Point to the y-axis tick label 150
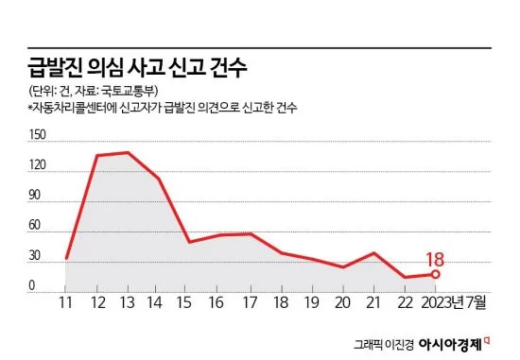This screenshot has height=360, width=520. pos(38,135)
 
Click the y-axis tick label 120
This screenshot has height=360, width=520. pos(38,164)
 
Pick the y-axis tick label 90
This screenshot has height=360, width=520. pos(34,195)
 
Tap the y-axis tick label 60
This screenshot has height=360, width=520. pos(34,225)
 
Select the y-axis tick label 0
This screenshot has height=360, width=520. pos(32,285)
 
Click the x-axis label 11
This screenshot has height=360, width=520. pos(65,302)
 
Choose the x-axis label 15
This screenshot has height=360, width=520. pos(184,302)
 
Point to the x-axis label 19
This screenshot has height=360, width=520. pos(312,302)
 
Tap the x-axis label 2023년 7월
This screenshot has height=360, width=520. pos(454,302)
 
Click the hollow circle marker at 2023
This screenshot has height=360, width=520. pos(436,274)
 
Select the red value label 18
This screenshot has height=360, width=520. pos(435,260)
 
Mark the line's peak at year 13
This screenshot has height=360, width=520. pos(128,152)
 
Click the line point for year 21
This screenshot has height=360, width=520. pos(374,253)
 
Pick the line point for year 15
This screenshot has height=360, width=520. pos(189,242)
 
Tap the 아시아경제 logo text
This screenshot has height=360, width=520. pos(450,345)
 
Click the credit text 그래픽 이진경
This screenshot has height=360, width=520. pos(384,345)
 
